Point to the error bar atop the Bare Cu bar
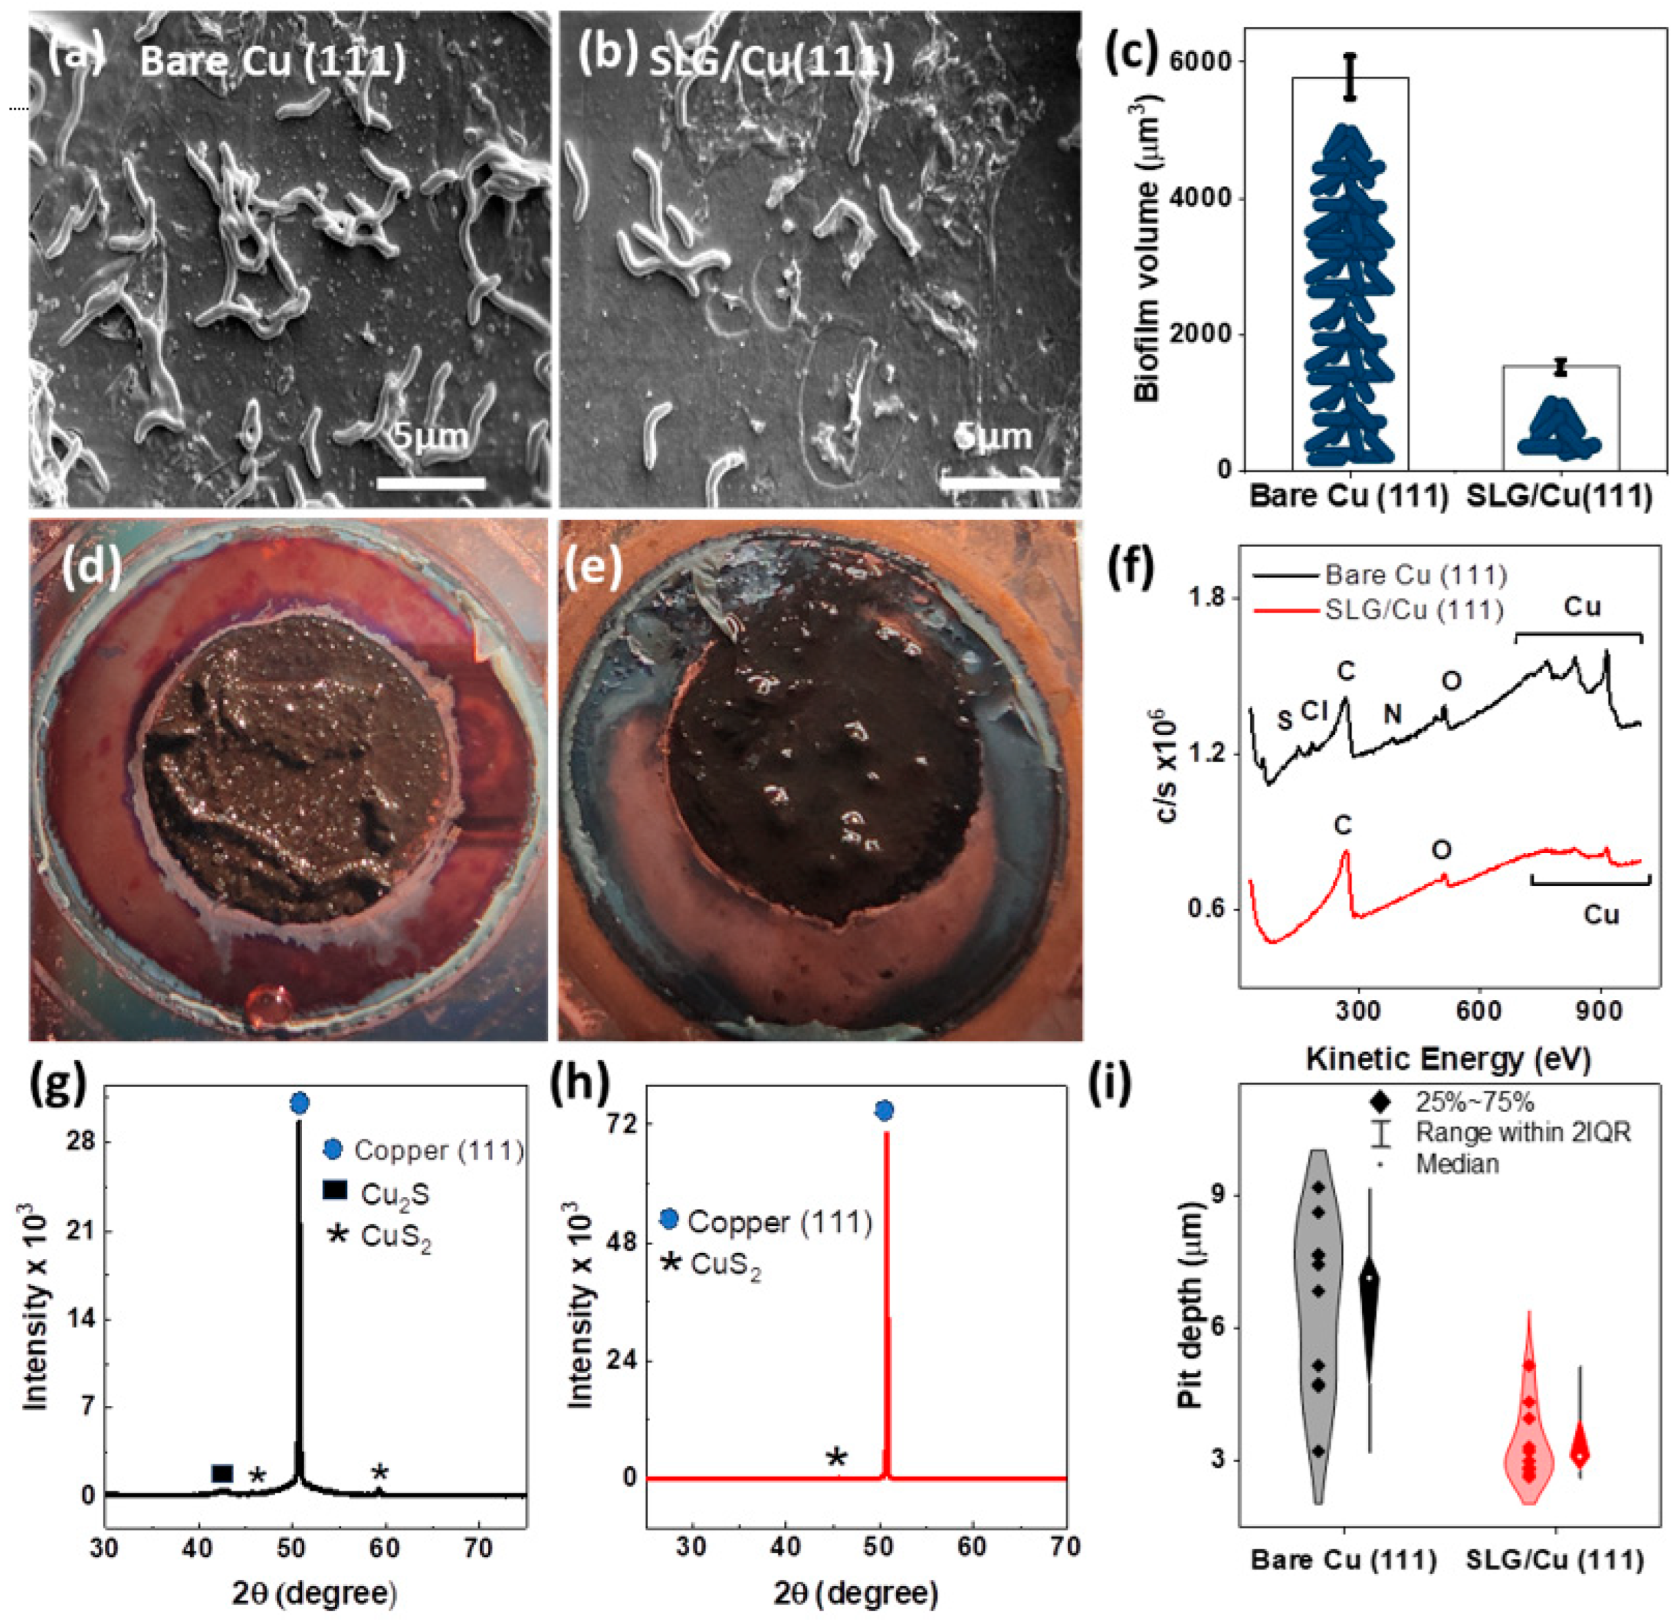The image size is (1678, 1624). click(x=1350, y=77)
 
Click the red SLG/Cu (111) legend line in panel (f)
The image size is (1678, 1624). click(x=1284, y=611)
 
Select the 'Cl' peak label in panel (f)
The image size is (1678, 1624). click(x=1314, y=711)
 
